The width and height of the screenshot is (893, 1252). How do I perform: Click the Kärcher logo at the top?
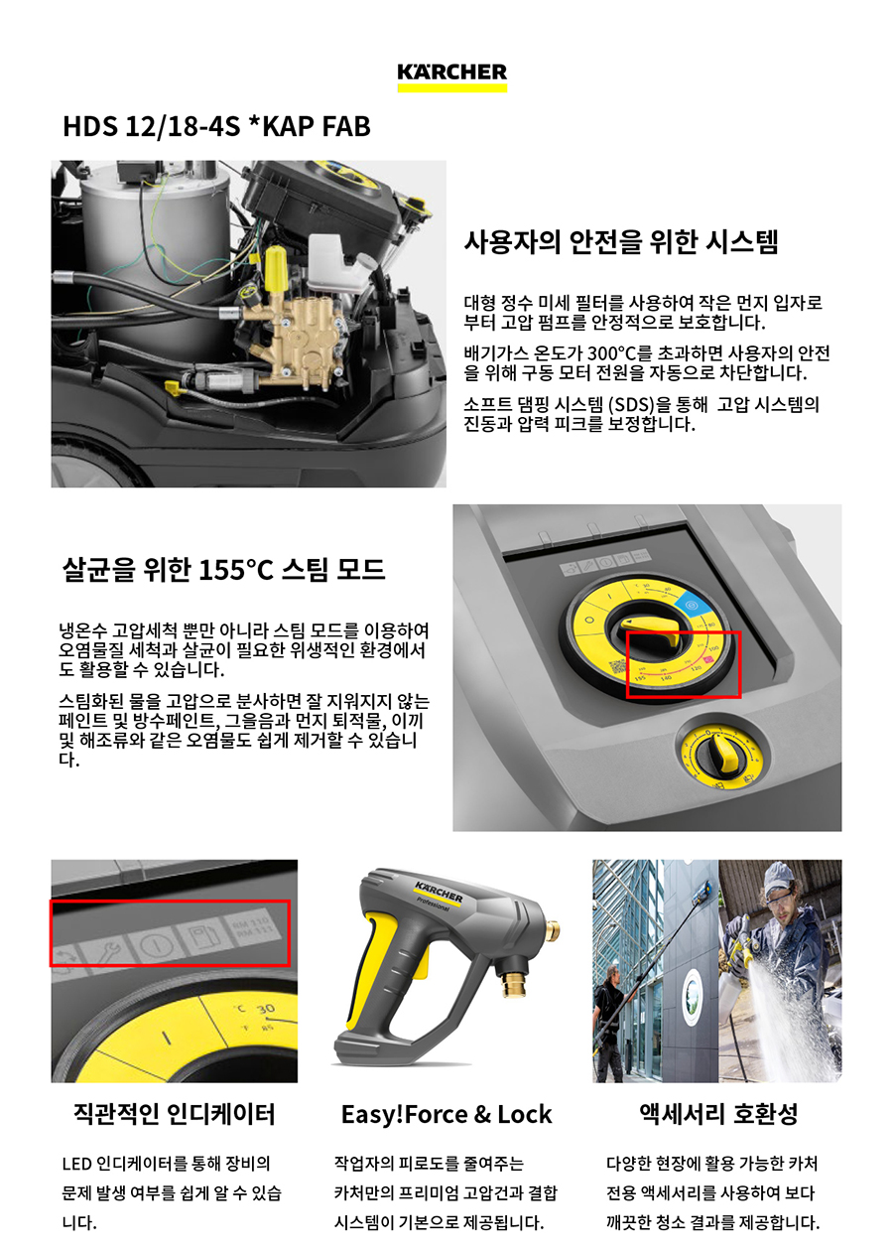(x=451, y=77)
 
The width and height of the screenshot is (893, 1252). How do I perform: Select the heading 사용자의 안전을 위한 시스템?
(x=620, y=242)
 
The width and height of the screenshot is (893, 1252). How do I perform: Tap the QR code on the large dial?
(x=617, y=665)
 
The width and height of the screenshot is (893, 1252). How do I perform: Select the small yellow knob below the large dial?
(x=721, y=753)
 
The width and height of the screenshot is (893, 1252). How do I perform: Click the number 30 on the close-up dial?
(x=265, y=1010)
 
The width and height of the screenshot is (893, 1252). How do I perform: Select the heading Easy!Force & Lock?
(x=446, y=1115)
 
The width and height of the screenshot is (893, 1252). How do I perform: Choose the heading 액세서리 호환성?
(x=718, y=1114)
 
